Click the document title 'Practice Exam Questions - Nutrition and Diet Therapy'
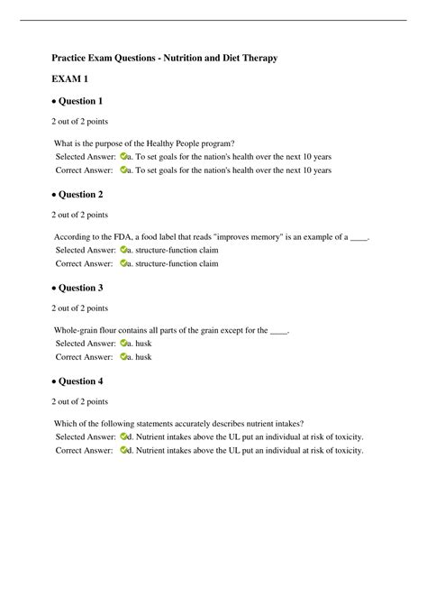coord(163,58)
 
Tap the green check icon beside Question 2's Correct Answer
coord(123,264)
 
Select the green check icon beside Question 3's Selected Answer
coord(123,344)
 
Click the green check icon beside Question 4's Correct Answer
coord(123,451)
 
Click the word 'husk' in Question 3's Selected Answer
coord(143,344)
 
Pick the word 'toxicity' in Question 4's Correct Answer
coord(346,451)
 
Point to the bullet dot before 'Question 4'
coord(53,382)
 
